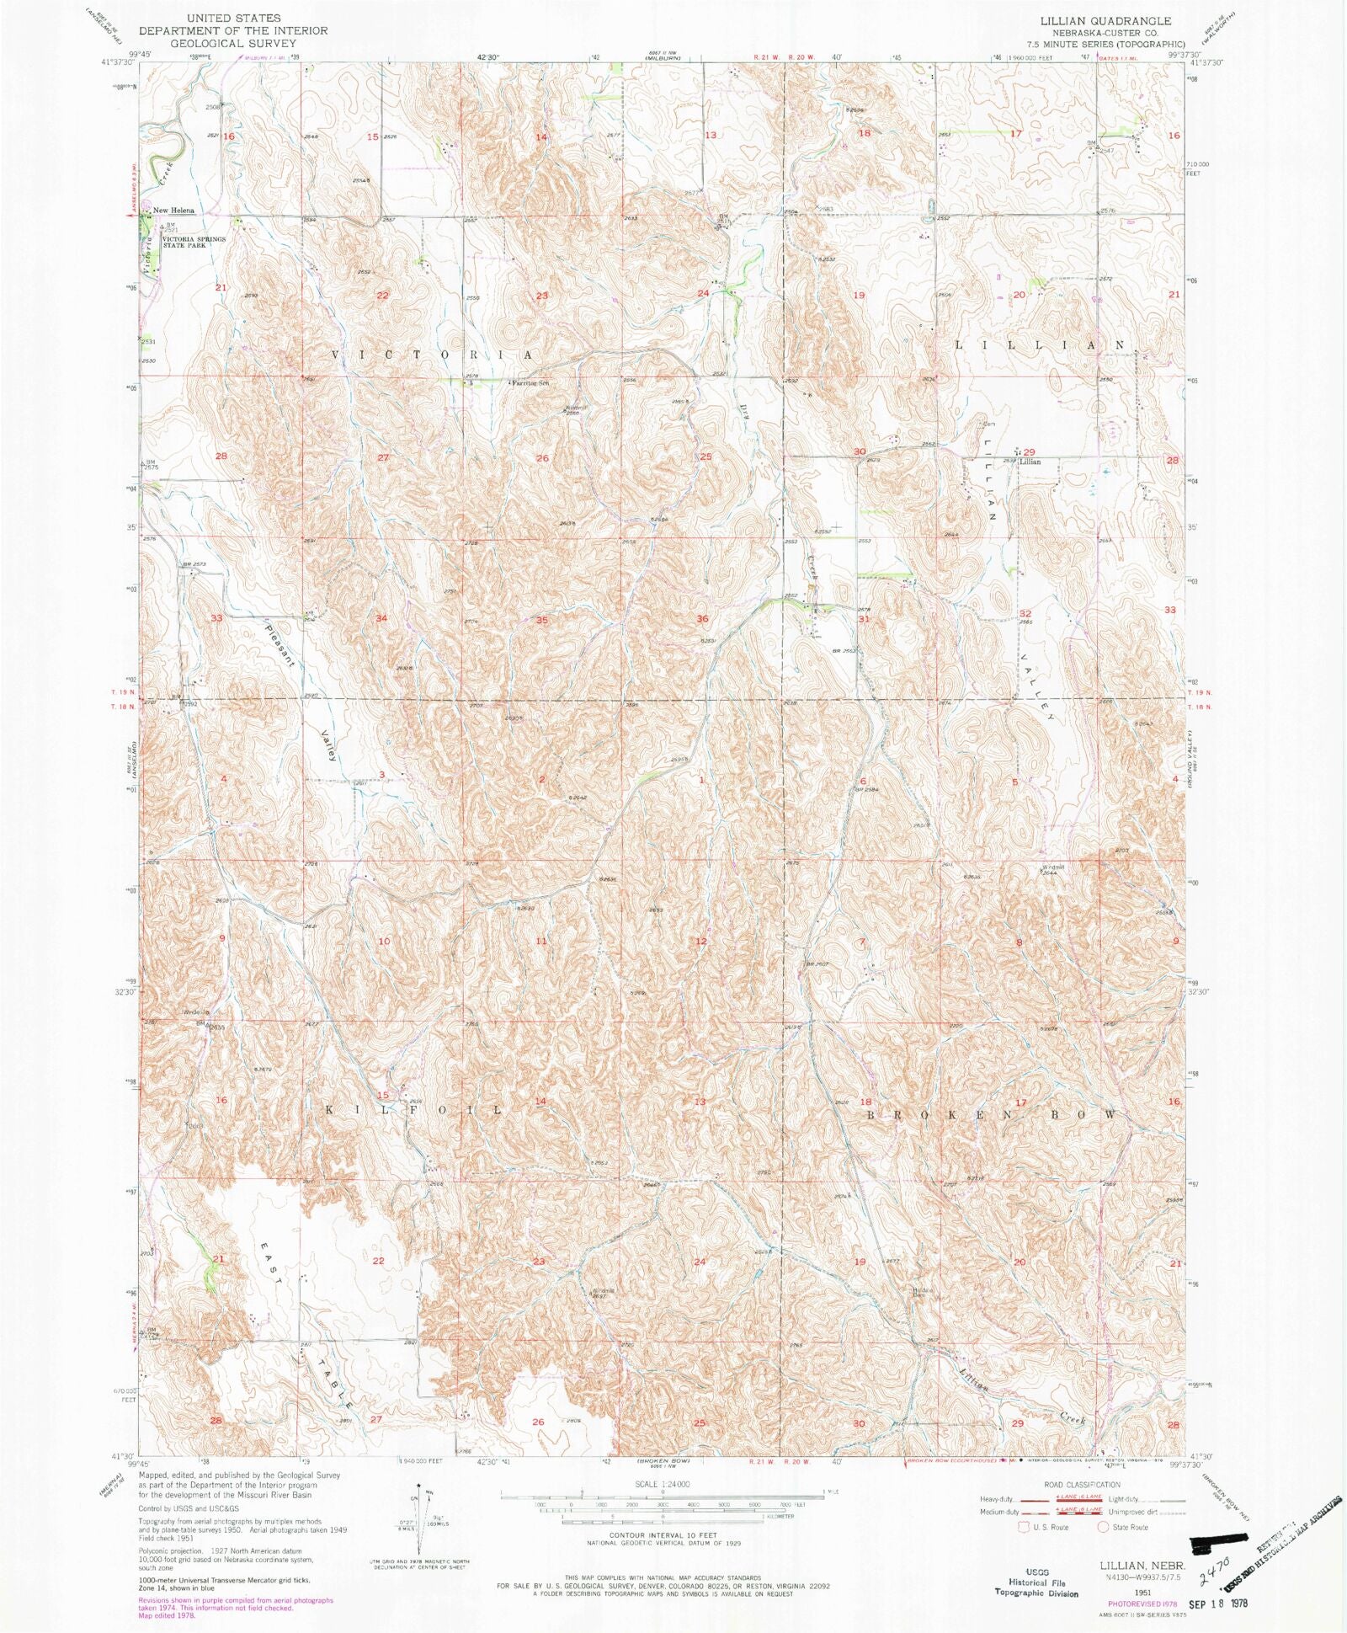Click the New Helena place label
pos(173,210)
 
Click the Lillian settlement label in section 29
pos(1030,462)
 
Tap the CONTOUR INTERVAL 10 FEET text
pos(664,1534)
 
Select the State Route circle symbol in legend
pos(1102,1527)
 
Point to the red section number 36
pos(702,618)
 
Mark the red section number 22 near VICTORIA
pos(382,296)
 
